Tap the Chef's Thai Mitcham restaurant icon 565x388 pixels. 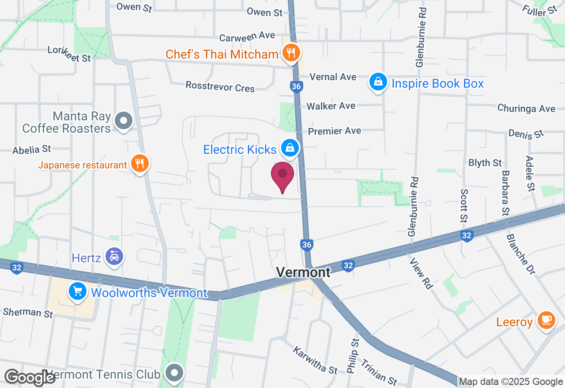[290, 54]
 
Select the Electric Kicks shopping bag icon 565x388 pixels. [290, 149]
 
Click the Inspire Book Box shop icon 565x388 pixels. [378, 82]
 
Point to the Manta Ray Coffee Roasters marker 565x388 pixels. [124, 120]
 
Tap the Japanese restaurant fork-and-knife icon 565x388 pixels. [139, 164]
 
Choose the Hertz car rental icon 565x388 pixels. [114, 257]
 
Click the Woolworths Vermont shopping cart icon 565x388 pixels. [78, 291]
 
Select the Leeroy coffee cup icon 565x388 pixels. [546, 321]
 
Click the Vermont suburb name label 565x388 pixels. [303, 272]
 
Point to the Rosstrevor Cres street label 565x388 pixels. [220, 86]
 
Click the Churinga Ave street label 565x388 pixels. [526, 108]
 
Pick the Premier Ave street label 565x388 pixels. [335, 131]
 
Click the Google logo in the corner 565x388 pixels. [30, 377]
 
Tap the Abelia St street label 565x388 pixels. [32, 149]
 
